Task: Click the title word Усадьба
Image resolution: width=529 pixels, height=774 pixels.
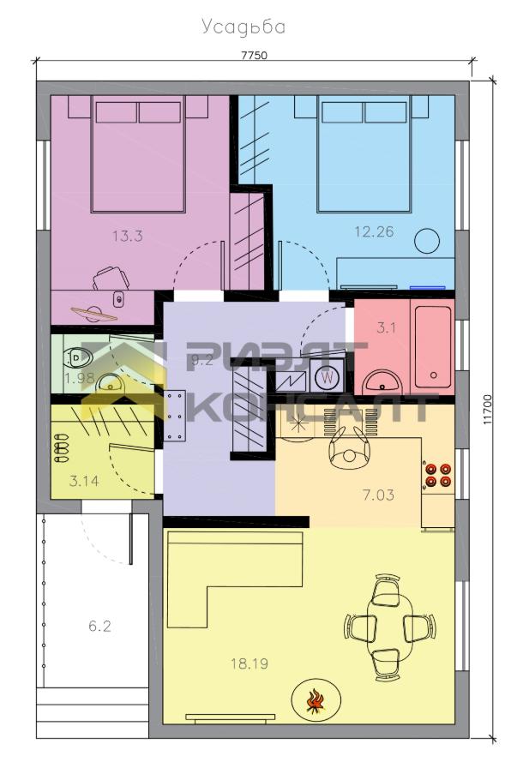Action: pos(243,27)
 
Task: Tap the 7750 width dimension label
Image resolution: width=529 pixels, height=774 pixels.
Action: pos(254,55)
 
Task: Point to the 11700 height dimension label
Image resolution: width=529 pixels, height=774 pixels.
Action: pos(488,409)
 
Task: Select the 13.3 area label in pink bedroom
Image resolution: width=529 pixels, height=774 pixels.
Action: pos(128,236)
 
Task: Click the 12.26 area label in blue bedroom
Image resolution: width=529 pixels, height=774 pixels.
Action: pos(374,231)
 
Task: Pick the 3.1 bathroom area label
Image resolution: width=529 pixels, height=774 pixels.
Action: pos(386,327)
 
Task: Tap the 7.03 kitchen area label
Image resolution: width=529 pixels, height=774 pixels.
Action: pos(378,495)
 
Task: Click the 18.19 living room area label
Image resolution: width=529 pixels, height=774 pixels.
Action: pos(249,663)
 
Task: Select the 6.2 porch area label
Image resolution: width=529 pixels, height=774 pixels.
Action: pos(99,627)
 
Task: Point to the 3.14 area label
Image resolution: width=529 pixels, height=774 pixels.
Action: pos(84,480)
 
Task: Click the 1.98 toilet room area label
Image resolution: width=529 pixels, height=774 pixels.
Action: pos(79,378)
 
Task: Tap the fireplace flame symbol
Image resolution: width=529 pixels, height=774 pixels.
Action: pos(316,701)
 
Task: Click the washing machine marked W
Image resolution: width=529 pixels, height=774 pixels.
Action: pos(327,377)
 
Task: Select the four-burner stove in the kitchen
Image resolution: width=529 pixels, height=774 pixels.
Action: pos(438,475)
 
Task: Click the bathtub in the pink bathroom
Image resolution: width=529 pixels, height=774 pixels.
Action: pos(433,347)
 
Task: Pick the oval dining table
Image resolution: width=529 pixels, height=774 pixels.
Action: pos(390,626)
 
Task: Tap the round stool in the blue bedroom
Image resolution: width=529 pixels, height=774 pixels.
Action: pos(427,241)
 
